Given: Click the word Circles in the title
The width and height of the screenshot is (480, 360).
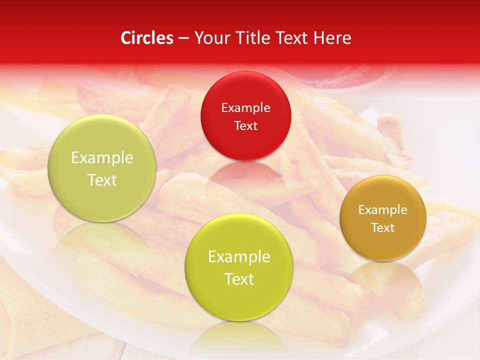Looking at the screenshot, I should coord(147,38).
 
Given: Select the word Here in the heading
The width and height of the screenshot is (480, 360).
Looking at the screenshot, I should coord(331,38).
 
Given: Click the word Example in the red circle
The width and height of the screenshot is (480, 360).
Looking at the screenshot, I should coord(245,108).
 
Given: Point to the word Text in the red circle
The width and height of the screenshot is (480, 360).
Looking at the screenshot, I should coord(245,125).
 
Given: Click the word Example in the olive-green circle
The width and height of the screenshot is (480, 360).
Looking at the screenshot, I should coord(102,158).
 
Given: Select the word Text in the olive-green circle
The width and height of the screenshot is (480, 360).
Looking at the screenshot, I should coord(102,180).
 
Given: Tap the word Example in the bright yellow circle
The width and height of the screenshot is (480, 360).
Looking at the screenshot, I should coord(238,257).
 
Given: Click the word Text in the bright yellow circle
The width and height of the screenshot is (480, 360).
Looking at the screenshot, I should coord(238,279).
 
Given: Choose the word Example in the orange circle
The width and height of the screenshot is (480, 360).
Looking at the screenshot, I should coord(382,210).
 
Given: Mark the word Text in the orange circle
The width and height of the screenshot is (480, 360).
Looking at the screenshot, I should coord(382,227).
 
